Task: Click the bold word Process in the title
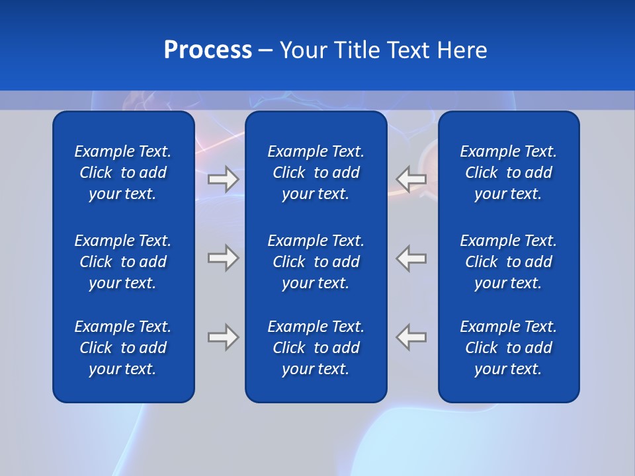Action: pyautogui.click(x=208, y=50)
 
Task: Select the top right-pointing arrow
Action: pyautogui.click(x=224, y=179)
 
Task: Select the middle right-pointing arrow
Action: pyautogui.click(x=224, y=258)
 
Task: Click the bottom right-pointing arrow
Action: pyautogui.click(x=224, y=337)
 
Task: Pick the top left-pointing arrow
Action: pyautogui.click(x=411, y=179)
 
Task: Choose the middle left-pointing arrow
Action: pyautogui.click(x=411, y=258)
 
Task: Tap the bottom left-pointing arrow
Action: pyautogui.click(x=411, y=337)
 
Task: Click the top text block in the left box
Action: pyautogui.click(x=123, y=173)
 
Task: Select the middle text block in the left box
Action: pyautogui.click(x=123, y=262)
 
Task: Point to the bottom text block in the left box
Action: pyautogui.click(x=123, y=348)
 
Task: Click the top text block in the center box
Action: pyautogui.click(x=316, y=173)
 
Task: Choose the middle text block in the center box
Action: pyautogui.click(x=316, y=262)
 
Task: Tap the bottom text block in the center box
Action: pyautogui.click(x=316, y=348)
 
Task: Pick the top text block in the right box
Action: pyautogui.click(x=509, y=173)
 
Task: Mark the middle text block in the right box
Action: pyautogui.click(x=509, y=262)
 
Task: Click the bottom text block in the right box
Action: pyautogui.click(x=509, y=348)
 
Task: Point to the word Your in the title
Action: pyautogui.click(x=304, y=50)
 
